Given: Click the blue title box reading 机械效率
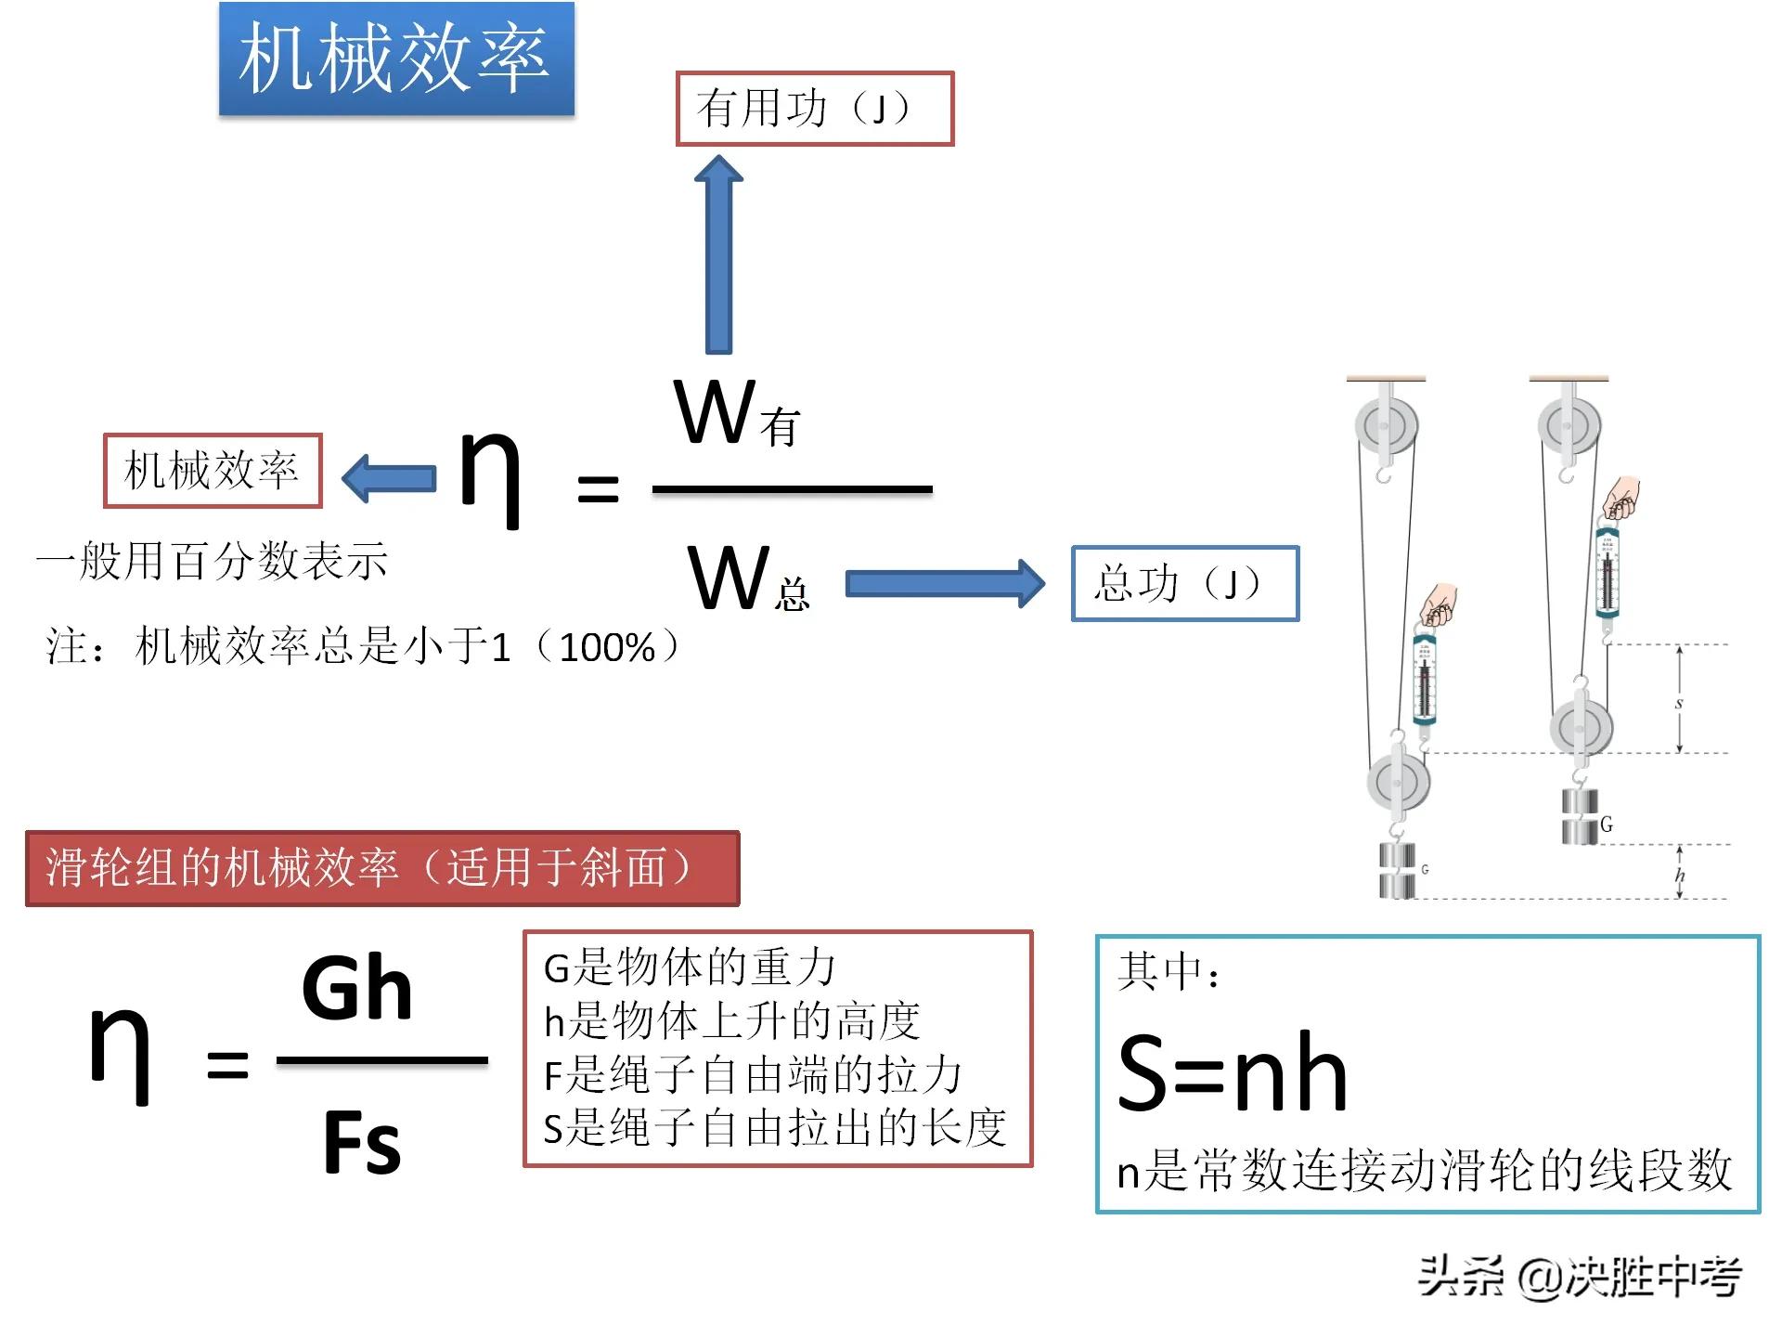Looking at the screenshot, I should click(x=396, y=58).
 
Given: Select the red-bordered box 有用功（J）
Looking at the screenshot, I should click(x=814, y=109).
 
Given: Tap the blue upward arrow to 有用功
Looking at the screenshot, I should click(x=718, y=255).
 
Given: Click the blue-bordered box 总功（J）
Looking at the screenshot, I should click(x=1184, y=583).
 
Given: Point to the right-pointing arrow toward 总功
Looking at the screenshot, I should click(x=944, y=583).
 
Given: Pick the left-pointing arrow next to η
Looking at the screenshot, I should click(x=389, y=478).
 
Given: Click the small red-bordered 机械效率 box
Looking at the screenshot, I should click(x=213, y=470).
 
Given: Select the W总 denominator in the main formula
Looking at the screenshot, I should click(x=748, y=579).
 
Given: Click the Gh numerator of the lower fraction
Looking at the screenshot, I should click(x=357, y=989).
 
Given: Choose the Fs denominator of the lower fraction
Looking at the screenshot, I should click(x=362, y=1143).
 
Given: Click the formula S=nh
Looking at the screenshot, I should click(x=1232, y=1073).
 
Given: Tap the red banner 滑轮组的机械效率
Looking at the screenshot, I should click(x=381, y=868).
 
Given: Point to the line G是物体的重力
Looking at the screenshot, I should click(x=690, y=967).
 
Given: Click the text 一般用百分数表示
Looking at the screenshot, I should click(x=212, y=561).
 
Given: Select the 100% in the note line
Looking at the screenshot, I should click(x=607, y=647).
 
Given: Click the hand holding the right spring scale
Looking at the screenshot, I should click(x=1621, y=499).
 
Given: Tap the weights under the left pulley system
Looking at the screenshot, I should click(x=1397, y=870).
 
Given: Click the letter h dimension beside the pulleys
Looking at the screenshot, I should click(x=1680, y=875).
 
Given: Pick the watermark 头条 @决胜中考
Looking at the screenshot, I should click(x=1579, y=1277).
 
